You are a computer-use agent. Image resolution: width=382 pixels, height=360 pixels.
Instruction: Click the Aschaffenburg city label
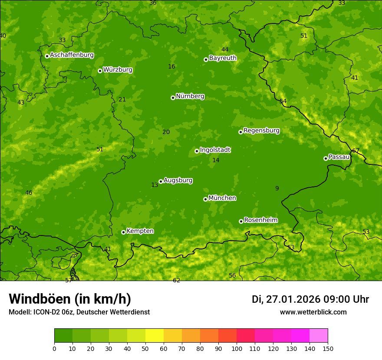(x=72, y=55)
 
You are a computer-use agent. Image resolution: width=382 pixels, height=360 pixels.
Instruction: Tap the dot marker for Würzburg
(x=100, y=71)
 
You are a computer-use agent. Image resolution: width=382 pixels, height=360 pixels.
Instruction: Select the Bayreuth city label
(x=223, y=58)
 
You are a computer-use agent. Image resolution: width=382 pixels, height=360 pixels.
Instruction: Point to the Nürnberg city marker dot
(x=173, y=98)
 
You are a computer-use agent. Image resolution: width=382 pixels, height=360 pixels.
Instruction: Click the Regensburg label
(x=261, y=131)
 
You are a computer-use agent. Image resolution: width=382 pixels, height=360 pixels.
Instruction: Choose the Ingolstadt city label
(x=215, y=150)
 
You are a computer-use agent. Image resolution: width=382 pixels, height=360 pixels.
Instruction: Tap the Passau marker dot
(x=326, y=158)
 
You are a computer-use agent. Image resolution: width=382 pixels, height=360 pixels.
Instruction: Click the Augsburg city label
(x=178, y=180)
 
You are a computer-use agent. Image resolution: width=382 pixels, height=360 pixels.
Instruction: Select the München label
(x=222, y=198)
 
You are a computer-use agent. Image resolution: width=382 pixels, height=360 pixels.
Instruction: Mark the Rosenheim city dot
(x=241, y=221)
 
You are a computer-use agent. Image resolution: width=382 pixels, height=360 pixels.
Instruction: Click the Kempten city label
(x=140, y=231)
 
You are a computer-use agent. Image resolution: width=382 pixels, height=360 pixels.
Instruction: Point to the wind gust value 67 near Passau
(x=356, y=151)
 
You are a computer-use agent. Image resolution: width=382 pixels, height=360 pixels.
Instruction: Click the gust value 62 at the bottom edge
(x=176, y=281)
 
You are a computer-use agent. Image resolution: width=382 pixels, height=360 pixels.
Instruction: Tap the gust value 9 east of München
(x=277, y=188)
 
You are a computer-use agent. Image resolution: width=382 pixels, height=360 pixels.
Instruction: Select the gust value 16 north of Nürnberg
(x=171, y=66)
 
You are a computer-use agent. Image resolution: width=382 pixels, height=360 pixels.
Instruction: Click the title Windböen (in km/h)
(x=70, y=299)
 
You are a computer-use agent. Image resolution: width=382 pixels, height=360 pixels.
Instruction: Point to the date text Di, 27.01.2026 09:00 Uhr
(x=310, y=299)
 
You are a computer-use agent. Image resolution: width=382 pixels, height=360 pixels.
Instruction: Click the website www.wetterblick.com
(x=313, y=312)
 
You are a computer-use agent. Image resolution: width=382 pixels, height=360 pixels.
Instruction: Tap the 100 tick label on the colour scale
(x=237, y=349)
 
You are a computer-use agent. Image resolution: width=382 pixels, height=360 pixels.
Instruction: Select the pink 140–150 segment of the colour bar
(x=319, y=336)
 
